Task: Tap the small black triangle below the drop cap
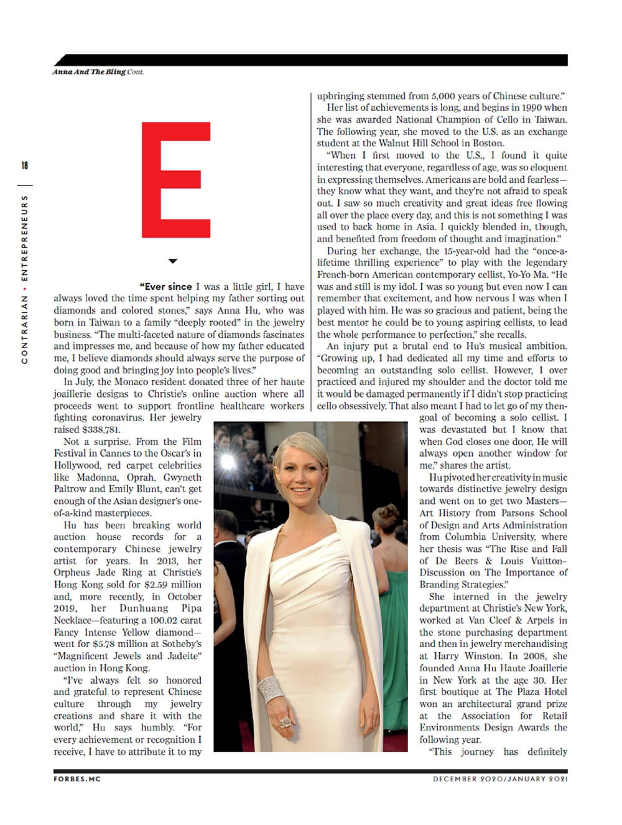click(173, 261)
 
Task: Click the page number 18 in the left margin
click(24, 165)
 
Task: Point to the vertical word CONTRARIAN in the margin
click(24, 329)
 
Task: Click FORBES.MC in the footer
click(77, 778)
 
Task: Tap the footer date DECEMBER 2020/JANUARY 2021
click(501, 778)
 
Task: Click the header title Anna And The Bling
click(89, 72)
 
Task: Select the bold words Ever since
click(166, 287)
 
